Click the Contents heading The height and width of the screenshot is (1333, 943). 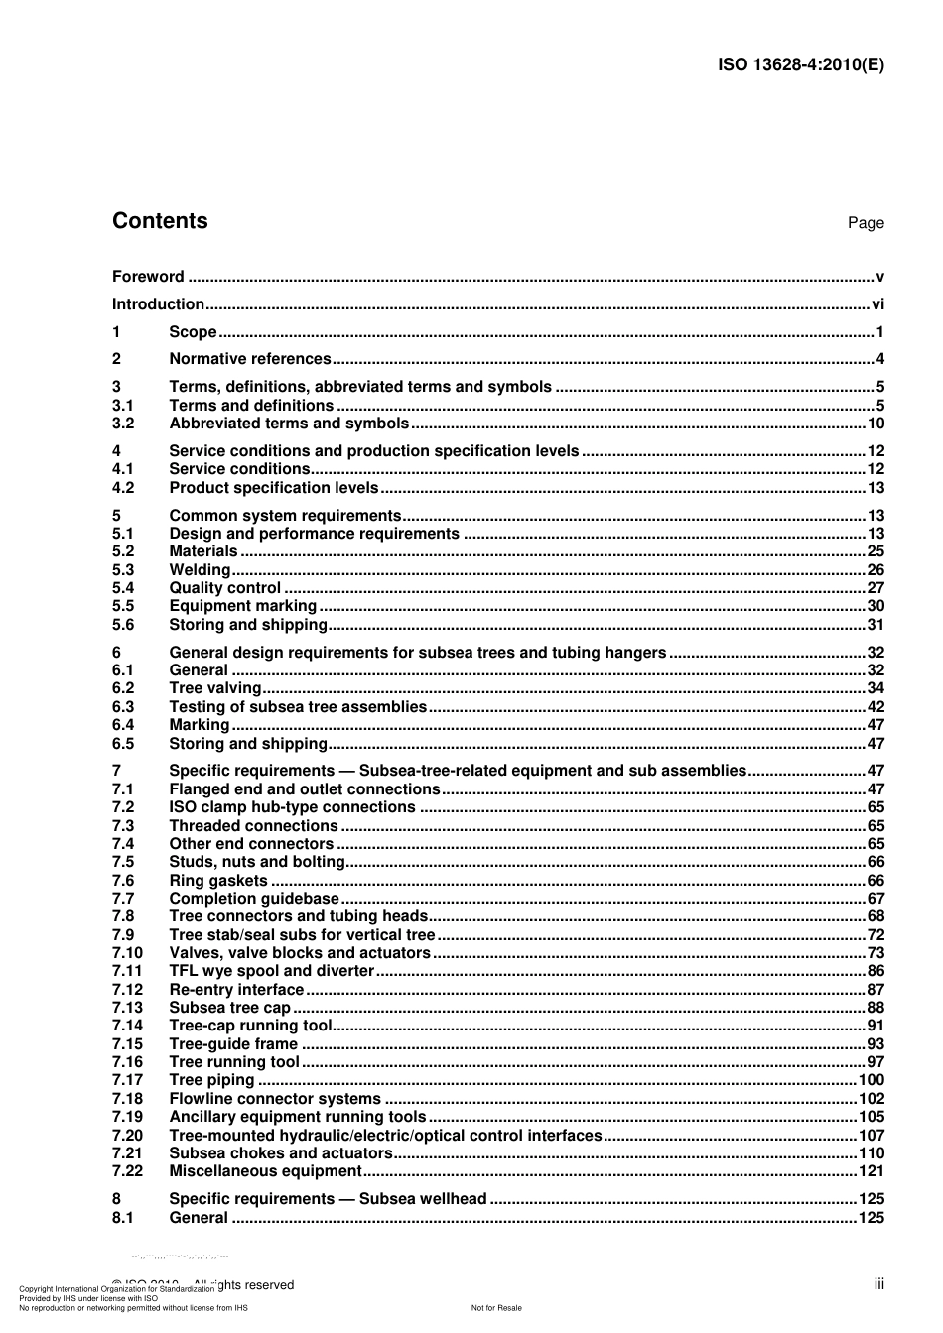(160, 221)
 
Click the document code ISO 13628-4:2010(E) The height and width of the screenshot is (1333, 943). (800, 65)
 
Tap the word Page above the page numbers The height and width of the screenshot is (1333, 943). (865, 223)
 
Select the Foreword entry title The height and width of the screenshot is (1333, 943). (148, 277)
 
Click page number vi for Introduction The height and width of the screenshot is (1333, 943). (877, 304)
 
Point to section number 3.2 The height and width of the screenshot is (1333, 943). (123, 424)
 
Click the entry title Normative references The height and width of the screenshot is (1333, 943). (250, 359)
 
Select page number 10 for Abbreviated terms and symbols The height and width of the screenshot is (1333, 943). (875, 424)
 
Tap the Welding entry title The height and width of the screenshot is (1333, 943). (200, 570)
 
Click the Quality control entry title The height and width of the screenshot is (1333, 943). (224, 588)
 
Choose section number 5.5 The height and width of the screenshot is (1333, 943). (123, 606)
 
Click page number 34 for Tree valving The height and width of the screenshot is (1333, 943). (875, 688)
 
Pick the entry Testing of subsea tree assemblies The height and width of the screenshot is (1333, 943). (298, 707)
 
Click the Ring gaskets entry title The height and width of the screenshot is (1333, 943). (218, 881)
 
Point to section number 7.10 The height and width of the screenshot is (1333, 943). (127, 953)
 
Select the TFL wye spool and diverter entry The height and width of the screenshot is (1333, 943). (271, 971)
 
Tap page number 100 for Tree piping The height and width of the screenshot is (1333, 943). (871, 1080)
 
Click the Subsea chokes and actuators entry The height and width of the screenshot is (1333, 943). (281, 1153)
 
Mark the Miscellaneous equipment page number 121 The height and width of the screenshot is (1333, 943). (871, 1171)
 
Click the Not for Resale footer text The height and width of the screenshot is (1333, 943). (496, 1308)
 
